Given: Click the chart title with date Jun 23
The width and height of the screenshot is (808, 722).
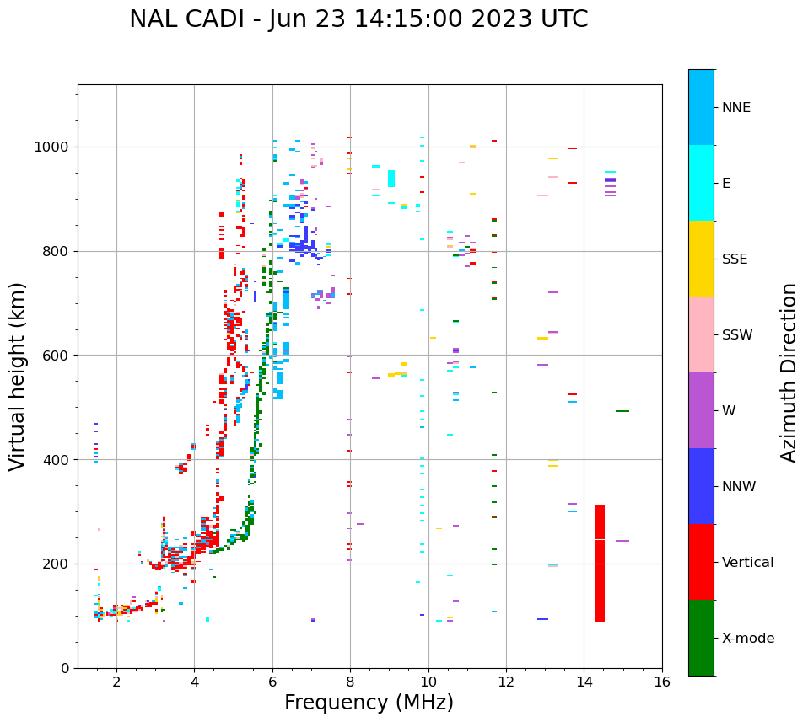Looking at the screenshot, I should click(358, 19).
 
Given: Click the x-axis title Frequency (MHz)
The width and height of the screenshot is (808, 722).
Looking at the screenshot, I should click(369, 703).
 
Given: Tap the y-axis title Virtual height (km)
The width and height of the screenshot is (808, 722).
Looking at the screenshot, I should click(18, 376).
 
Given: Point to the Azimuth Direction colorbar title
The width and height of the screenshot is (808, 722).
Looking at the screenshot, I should click(789, 372).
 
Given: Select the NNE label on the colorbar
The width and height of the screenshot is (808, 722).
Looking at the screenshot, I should click(735, 108).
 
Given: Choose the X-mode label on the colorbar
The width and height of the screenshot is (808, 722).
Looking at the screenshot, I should click(747, 639).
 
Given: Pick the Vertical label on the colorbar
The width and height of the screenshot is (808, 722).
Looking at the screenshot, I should click(747, 563).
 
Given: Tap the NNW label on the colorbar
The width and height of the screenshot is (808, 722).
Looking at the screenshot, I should click(738, 487).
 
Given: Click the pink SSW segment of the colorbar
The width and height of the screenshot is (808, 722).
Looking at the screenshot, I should click(701, 334).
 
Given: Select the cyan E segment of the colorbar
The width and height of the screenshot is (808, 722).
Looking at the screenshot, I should click(701, 183).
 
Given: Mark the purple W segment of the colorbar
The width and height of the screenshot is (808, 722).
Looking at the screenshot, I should click(701, 410).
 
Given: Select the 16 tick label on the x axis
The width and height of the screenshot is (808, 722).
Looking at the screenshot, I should click(662, 683).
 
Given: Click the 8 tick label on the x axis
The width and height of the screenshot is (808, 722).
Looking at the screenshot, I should click(350, 683).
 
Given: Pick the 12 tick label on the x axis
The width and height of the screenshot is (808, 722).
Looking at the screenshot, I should click(506, 683).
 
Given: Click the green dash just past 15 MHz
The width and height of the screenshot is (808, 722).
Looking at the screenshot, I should click(622, 411).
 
